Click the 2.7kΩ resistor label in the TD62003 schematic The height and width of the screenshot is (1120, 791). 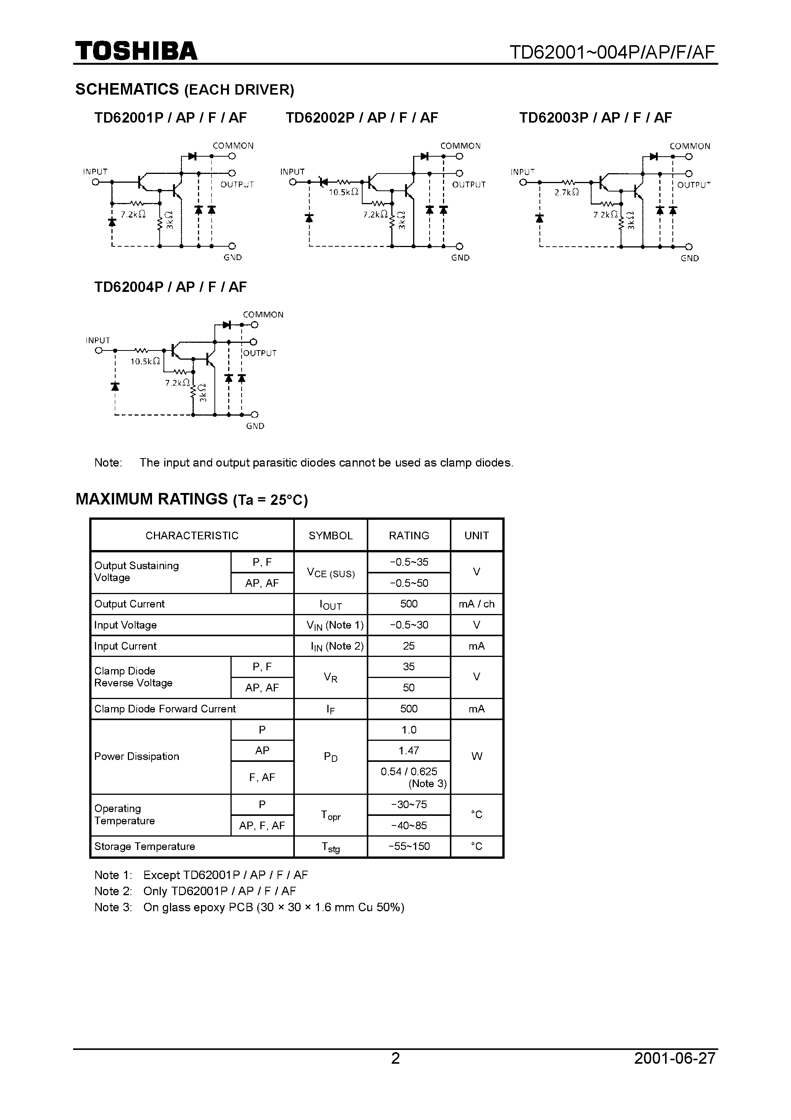tap(567, 193)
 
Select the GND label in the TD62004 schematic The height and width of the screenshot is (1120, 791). tap(255, 426)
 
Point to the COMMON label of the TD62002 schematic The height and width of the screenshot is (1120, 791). tap(460, 146)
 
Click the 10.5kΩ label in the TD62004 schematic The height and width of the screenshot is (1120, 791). tap(145, 362)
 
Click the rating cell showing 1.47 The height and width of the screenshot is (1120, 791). tap(409, 751)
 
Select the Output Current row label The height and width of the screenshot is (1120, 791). tap(129, 604)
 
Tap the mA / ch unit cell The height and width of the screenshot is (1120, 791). tap(476, 604)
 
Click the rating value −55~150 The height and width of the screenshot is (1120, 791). tap(409, 847)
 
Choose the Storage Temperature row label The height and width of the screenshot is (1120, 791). tap(144, 847)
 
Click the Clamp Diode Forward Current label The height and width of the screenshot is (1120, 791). tap(165, 709)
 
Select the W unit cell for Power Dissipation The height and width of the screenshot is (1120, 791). tap(476, 756)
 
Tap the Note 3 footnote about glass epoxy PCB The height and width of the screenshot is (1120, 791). tap(249, 907)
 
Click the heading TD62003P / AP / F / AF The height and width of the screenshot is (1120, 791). tap(595, 118)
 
